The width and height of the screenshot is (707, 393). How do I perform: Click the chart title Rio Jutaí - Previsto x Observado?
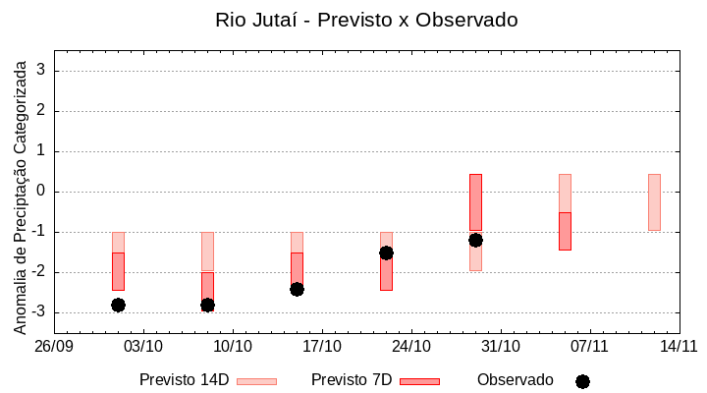coord(366,20)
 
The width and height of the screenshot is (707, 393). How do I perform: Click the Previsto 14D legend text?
coord(184,380)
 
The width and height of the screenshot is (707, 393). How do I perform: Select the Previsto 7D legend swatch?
coord(419,381)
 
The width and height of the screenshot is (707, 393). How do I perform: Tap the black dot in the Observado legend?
coord(582,381)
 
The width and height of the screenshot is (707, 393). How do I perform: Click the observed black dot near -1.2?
coord(475,240)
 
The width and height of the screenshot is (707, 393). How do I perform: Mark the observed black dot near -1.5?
coord(386,253)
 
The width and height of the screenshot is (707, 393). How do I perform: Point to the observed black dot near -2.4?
coord(297,289)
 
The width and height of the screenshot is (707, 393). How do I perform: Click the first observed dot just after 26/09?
coord(118,305)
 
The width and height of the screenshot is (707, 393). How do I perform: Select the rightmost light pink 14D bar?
coord(654,202)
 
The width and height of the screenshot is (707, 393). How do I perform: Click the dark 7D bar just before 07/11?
coord(565,231)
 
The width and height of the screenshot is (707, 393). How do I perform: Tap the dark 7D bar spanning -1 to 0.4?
coord(475,201)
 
